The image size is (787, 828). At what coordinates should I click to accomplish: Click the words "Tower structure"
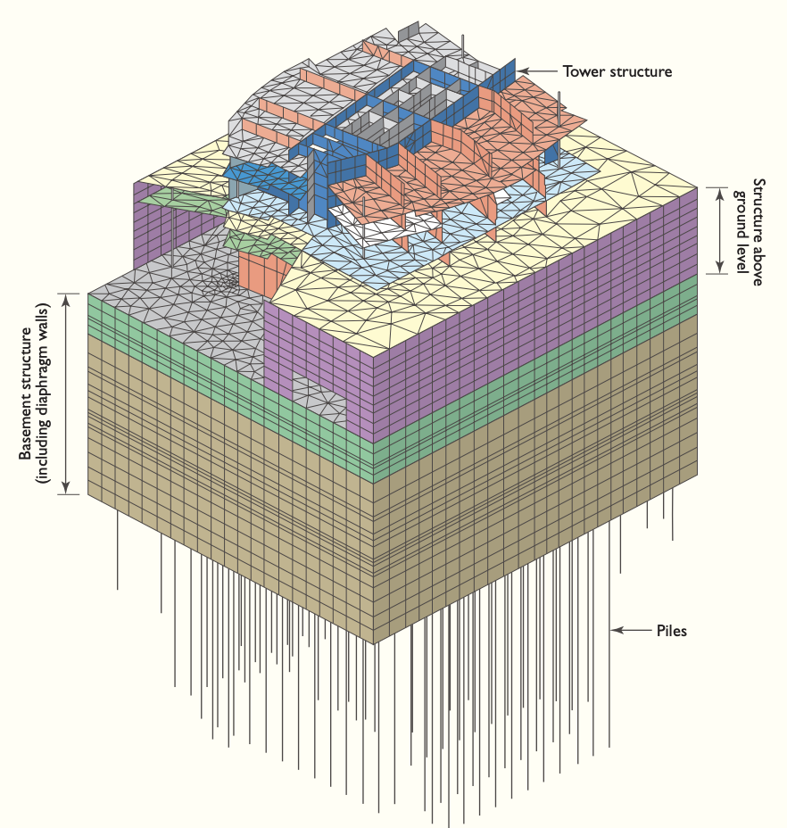(x=617, y=70)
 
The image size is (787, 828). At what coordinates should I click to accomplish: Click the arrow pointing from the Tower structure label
(x=536, y=70)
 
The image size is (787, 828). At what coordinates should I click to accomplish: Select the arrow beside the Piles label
(x=630, y=631)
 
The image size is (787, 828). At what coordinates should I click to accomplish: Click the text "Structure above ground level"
(x=747, y=230)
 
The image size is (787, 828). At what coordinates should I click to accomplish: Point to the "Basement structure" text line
(x=28, y=393)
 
